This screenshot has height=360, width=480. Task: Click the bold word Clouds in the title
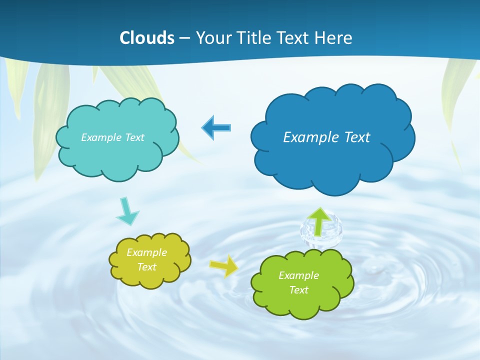coord(147,38)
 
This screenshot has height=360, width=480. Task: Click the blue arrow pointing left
coord(216,127)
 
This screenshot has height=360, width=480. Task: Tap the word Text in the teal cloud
coord(133,137)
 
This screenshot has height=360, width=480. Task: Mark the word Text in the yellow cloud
coord(147,267)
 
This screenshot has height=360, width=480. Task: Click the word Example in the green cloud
coord(298,275)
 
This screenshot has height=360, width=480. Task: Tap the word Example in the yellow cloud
coord(147,252)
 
